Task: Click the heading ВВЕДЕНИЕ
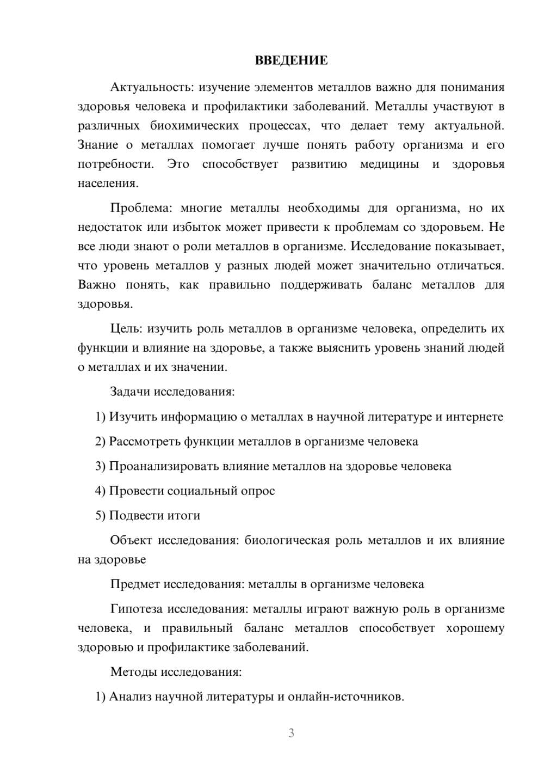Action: (x=291, y=60)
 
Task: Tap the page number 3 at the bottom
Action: (x=291, y=733)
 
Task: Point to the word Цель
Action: (x=126, y=329)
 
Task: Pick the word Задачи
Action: (x=131, y=392)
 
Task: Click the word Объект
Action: (x=131, y=540)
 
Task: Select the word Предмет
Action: (x=135, y=584)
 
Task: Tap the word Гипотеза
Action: (x=137, y=609)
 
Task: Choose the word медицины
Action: (x=390, y=164)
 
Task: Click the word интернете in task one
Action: (x=474, y=417)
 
